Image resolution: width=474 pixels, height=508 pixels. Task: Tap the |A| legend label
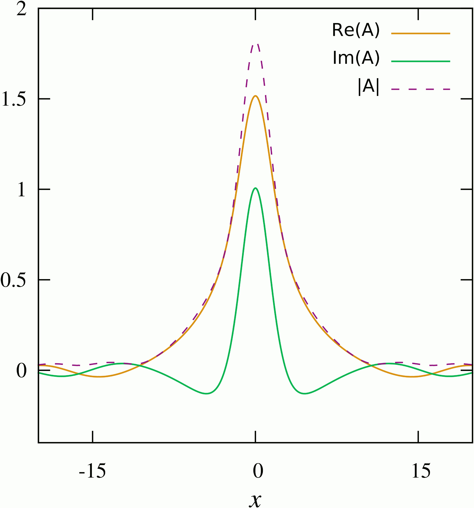coord(369,87)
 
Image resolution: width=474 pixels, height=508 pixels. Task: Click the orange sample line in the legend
coord(420,33)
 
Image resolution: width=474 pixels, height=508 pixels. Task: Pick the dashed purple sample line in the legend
coord(420,89)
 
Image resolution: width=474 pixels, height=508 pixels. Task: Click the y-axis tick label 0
coord(21,371)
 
